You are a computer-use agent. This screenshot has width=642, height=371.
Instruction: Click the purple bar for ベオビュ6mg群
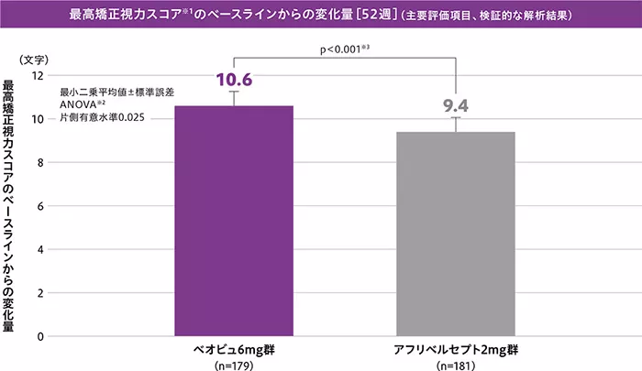coord(234,221)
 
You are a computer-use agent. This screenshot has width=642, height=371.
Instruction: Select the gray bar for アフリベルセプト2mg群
coord(455,234)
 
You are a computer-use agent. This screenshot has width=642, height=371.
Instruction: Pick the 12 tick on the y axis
coord(38,75)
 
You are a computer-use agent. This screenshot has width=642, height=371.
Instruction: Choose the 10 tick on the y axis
coord(38,119)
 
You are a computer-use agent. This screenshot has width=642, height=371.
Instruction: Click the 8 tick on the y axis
coord(40,162)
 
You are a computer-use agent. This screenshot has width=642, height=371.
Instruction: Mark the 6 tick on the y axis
coord(40,206)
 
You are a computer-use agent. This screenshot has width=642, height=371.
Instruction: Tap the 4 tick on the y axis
coord(40,249)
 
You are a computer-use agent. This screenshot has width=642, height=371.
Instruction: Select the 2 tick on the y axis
coord(40,293)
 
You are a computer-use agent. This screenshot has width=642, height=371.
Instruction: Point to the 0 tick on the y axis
coord(40,336)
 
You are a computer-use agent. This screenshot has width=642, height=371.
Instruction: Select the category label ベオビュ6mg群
coord(234,351)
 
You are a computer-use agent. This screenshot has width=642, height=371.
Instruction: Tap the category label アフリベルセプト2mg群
coord(455,351)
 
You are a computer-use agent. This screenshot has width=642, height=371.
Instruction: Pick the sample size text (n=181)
coord(455,365)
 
